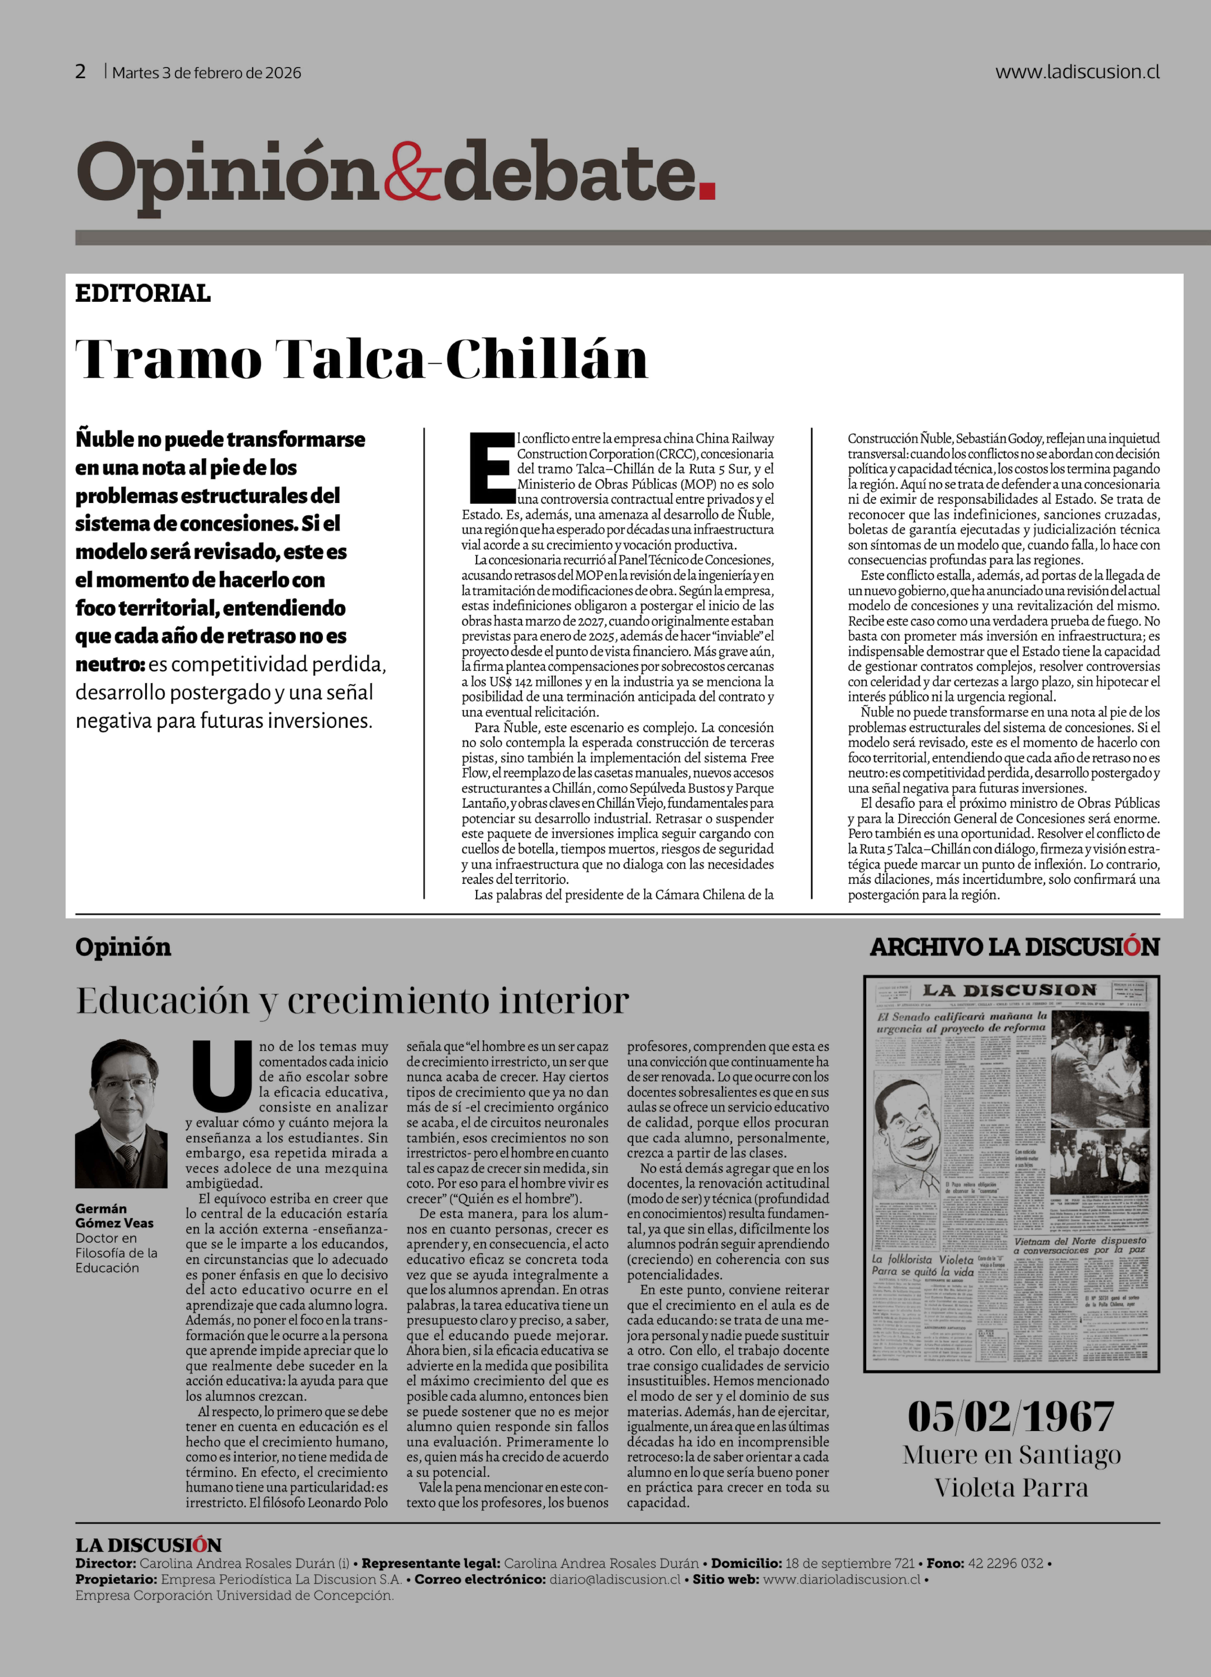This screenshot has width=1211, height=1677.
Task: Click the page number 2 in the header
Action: [x=81, y=72]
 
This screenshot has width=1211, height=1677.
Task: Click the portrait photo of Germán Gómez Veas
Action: [x=121, y=1114]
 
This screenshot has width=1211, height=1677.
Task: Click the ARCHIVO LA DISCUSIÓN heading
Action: [x=1014, y=947]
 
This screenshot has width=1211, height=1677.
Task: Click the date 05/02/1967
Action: [x=1011, y=1417]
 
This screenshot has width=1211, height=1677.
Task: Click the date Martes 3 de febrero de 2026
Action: [x=206, y=72]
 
